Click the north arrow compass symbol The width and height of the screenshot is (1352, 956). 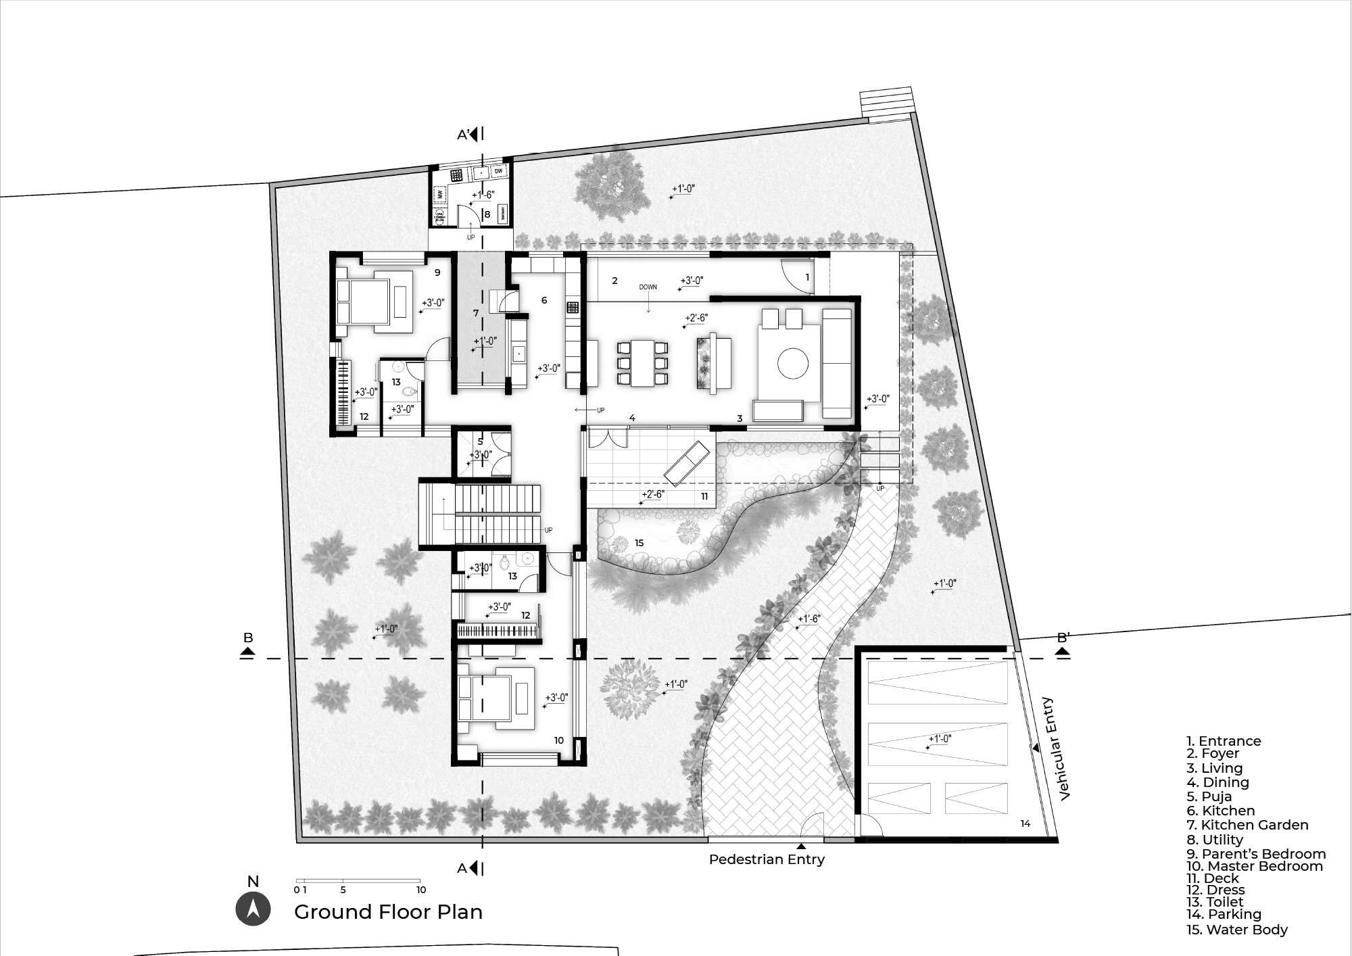(253, 909)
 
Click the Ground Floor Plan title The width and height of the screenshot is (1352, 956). (388, 912)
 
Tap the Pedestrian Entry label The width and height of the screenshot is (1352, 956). (767, 859)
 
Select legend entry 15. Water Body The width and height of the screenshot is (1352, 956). (1236, 930)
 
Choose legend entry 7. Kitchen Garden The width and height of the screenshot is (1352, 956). (1247, 825)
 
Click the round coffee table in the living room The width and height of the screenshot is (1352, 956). (793, 364)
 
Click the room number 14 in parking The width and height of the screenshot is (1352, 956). (1025, 823)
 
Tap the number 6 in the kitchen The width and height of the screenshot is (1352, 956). (544, 300)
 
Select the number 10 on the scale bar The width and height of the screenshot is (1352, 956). (421, 890)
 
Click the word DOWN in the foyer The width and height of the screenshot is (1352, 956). (648, 287)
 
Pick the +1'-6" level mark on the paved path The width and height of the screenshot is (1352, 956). (808, 619)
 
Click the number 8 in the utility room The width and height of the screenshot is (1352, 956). (487, 214)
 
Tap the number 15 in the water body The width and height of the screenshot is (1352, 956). (639, 543)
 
